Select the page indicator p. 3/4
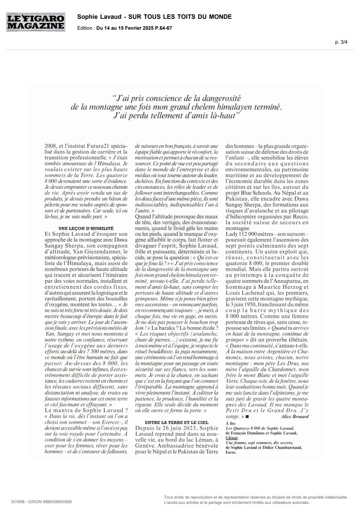point(341,42)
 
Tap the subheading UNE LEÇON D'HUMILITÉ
point(87,228)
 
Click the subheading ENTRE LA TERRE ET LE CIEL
point(176,423)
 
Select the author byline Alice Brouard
point(295,416)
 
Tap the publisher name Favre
point(231,452)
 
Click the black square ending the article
point(247,417)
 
